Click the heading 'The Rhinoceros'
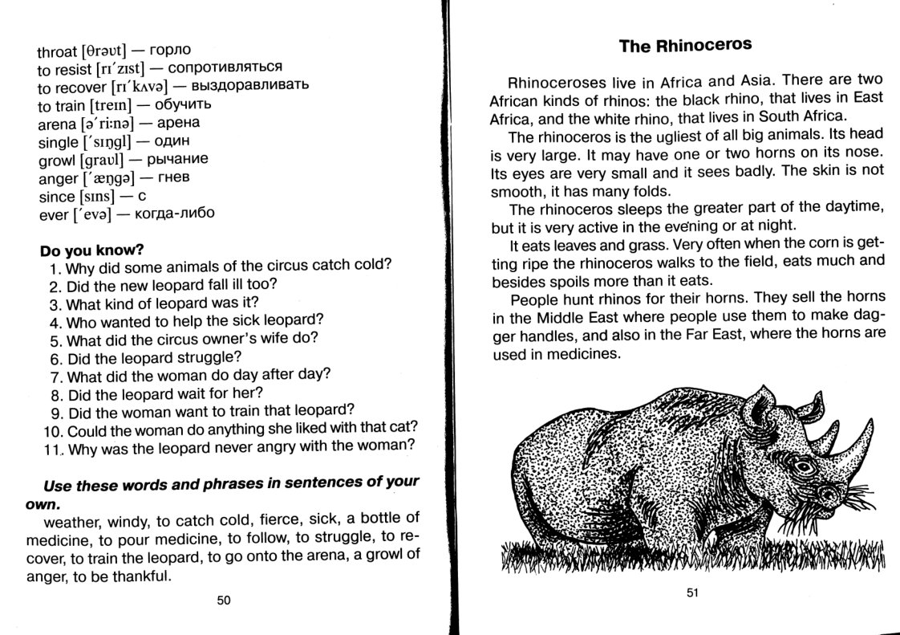click(686, 45)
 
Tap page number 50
click(224, 600)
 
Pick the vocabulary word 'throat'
click(57, 51)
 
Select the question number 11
click(54, 447)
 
